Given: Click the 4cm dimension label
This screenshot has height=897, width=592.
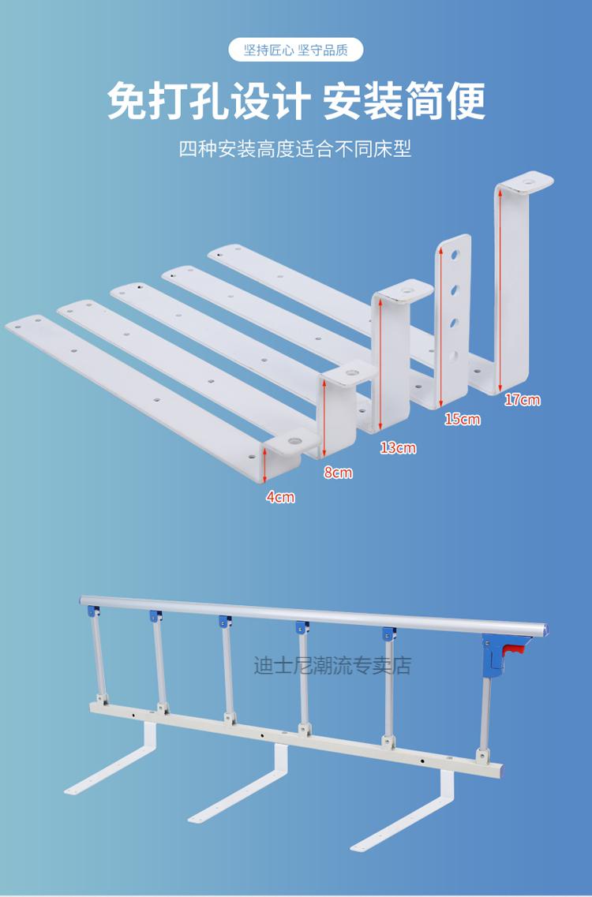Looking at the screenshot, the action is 280,497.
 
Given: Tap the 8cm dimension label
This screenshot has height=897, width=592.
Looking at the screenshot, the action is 338,473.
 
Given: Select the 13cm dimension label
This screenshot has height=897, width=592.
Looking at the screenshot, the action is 398,447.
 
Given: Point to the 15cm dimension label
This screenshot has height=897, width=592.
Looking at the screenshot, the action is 463,420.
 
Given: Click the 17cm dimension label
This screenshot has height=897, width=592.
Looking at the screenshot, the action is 523,400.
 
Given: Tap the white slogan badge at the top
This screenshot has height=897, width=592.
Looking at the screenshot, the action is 296,50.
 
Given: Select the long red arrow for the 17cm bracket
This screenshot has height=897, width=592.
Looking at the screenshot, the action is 500,290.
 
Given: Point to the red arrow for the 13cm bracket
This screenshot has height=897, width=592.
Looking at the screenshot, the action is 380,364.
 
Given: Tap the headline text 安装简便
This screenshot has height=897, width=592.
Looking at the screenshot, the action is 405,101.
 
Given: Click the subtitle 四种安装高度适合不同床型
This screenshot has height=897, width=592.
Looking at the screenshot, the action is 295,149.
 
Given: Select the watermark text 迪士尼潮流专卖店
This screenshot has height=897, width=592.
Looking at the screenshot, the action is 332,666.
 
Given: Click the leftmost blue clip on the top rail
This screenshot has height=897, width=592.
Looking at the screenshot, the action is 93,611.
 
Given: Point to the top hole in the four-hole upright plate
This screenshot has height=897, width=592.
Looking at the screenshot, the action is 455,254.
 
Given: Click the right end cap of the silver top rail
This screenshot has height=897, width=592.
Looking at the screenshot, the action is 545,630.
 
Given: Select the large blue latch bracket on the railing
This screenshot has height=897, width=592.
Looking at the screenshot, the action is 493,653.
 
